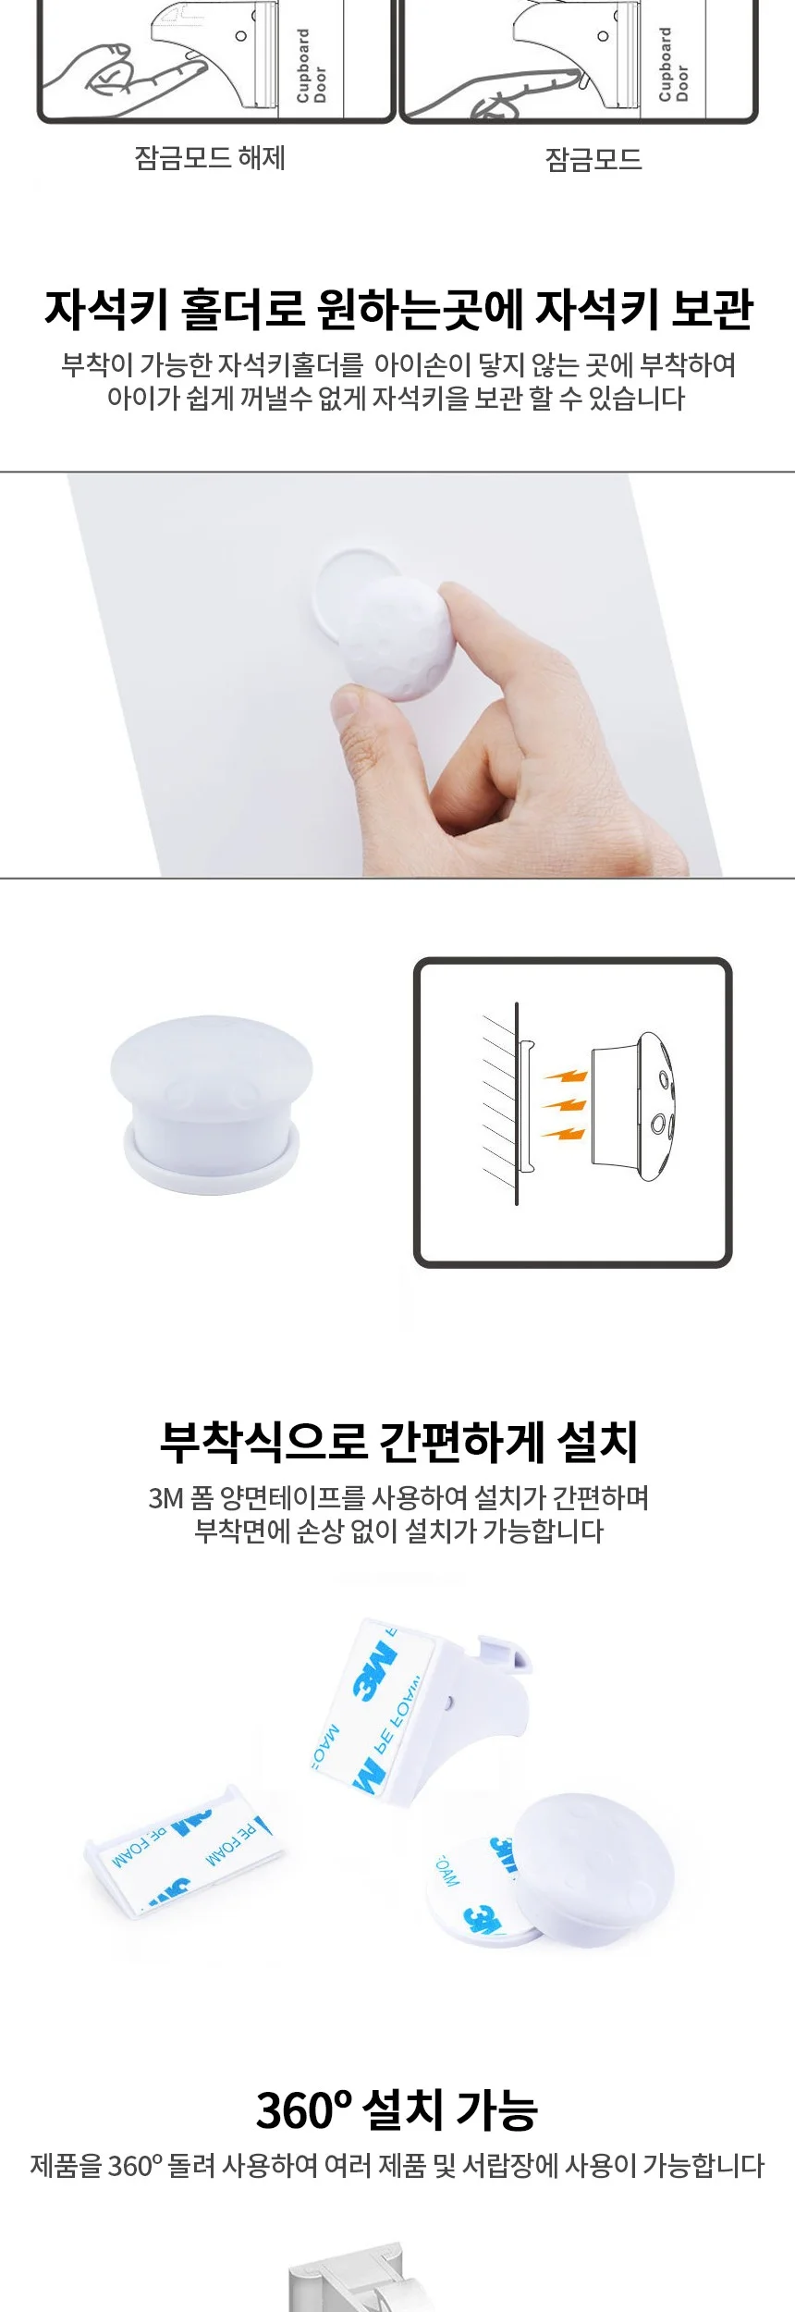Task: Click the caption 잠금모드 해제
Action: point(210,158)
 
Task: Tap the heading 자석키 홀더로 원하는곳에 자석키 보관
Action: point(398,310)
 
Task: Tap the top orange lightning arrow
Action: point(566,1076)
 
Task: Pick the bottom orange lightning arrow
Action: point(563,1132)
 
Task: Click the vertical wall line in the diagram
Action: point(517,1103)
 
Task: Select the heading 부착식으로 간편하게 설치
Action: point(398,1442)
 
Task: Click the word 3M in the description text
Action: point(166,1498)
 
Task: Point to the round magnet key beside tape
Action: point(593,1871)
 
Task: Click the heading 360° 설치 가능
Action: point(397,2110)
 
